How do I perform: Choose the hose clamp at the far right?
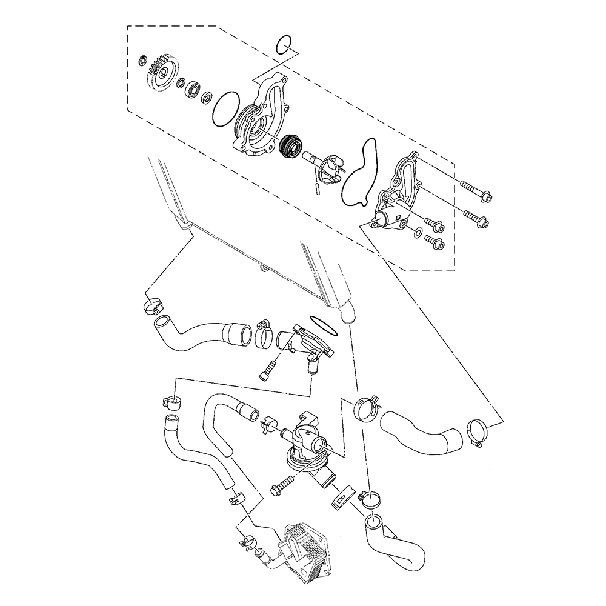tap(479, 432)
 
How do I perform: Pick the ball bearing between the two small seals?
tap(195, 87)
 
